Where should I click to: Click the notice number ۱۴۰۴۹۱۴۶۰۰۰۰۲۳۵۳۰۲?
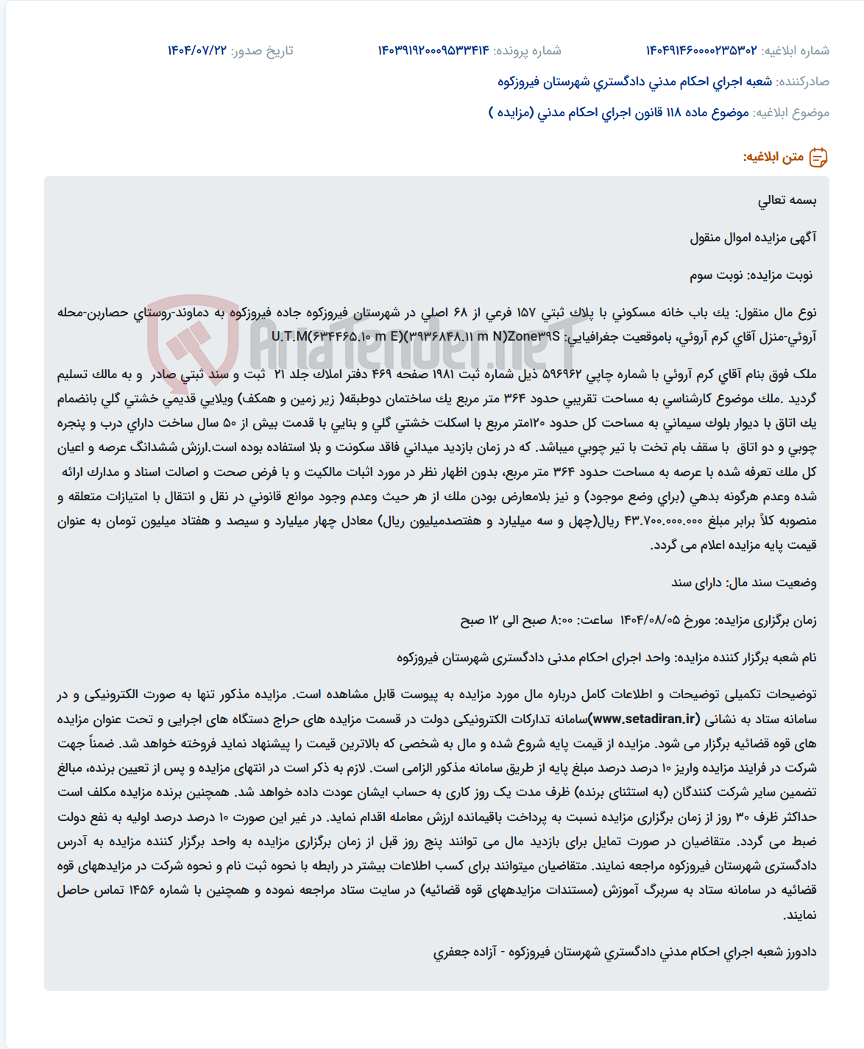[x=701, y=51]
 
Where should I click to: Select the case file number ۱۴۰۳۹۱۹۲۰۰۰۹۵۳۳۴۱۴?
[x=433, y=51]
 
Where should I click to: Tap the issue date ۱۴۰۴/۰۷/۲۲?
[x=197, y=51]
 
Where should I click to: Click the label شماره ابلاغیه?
[x=796, y=51]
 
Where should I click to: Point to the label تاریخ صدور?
[x=262, y=51]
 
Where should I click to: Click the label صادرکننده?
[x=803, y=82]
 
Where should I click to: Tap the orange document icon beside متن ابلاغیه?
[x=818, y=157]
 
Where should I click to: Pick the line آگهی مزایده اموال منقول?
[x=753, y=238]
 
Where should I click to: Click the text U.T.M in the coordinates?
[x=288, y=337]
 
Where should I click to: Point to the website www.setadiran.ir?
[x=645, y=719]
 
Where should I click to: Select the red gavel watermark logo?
[x=193, y=340]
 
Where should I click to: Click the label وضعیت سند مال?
[x=773, y=583]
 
